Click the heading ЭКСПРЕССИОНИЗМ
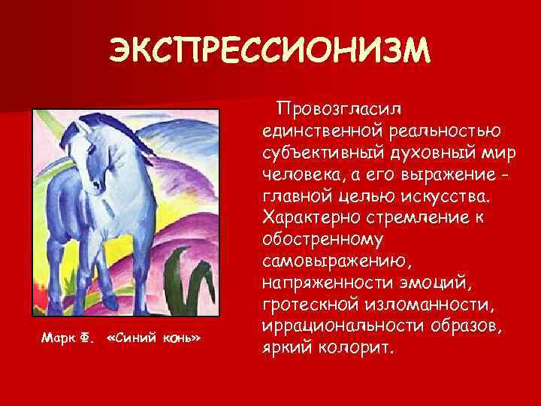(270, 50)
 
